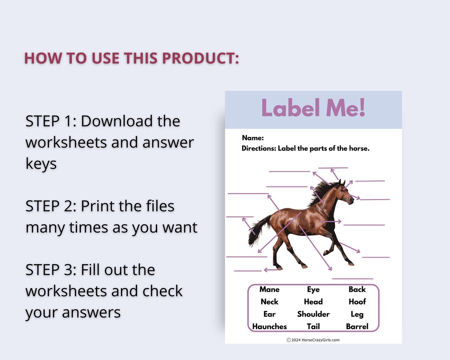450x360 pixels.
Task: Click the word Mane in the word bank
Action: tap(269, 289)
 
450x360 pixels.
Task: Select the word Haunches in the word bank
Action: tap(269, 326)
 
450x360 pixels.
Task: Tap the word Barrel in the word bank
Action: tap(357, 326)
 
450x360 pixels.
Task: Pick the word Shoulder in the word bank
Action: tap(313, 314)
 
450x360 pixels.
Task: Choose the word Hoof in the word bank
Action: tap(357, 302)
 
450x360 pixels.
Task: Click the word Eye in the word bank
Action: tap(313, 289)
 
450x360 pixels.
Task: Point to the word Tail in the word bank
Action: tap(313, 326)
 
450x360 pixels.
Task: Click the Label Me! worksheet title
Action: tap(313, 108)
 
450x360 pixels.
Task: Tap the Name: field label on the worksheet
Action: tap(253, 138)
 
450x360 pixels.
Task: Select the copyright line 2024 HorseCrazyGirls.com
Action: tap(313, 340)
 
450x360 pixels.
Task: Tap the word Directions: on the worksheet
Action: tap(259, 149)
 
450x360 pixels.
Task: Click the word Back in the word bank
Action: tap(357, 289)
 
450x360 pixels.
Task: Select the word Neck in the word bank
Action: tap(269, 302)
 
